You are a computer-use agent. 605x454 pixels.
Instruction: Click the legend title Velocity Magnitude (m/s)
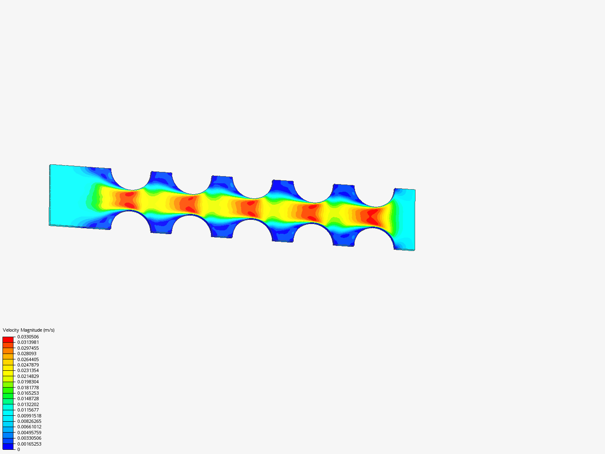29,330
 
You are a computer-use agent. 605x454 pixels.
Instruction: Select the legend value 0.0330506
28,337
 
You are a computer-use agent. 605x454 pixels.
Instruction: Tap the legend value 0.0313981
28,342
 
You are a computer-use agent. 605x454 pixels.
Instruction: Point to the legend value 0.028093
27,354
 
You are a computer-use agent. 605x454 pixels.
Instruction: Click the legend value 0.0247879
28,365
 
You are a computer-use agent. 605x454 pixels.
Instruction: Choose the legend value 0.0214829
28,376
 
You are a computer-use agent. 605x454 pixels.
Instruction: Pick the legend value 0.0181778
28,388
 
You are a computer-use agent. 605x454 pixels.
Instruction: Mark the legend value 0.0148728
28,399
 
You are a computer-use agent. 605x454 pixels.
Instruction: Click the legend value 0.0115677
28,410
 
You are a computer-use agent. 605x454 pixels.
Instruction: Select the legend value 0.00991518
29,416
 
